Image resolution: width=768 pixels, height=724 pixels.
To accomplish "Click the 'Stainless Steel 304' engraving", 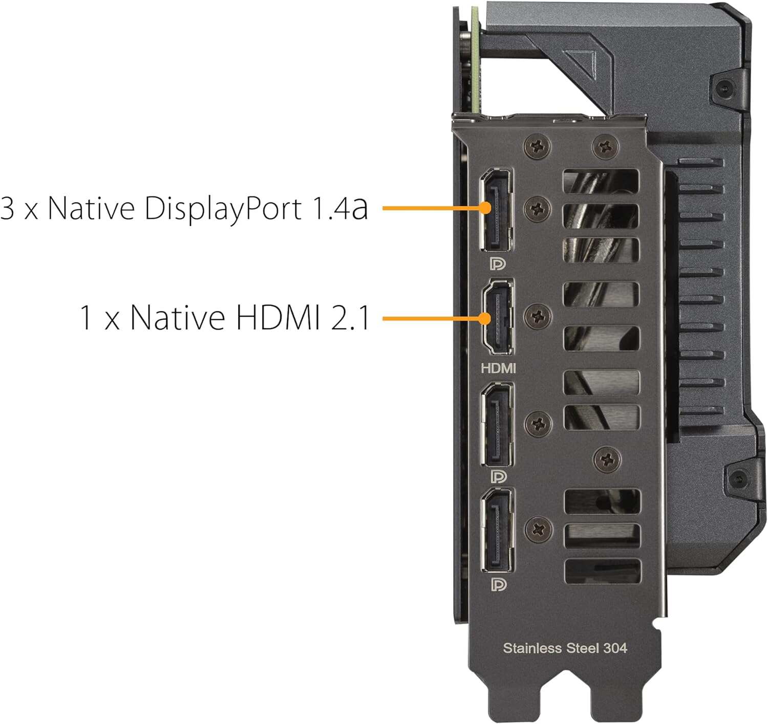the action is click(565, 648).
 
